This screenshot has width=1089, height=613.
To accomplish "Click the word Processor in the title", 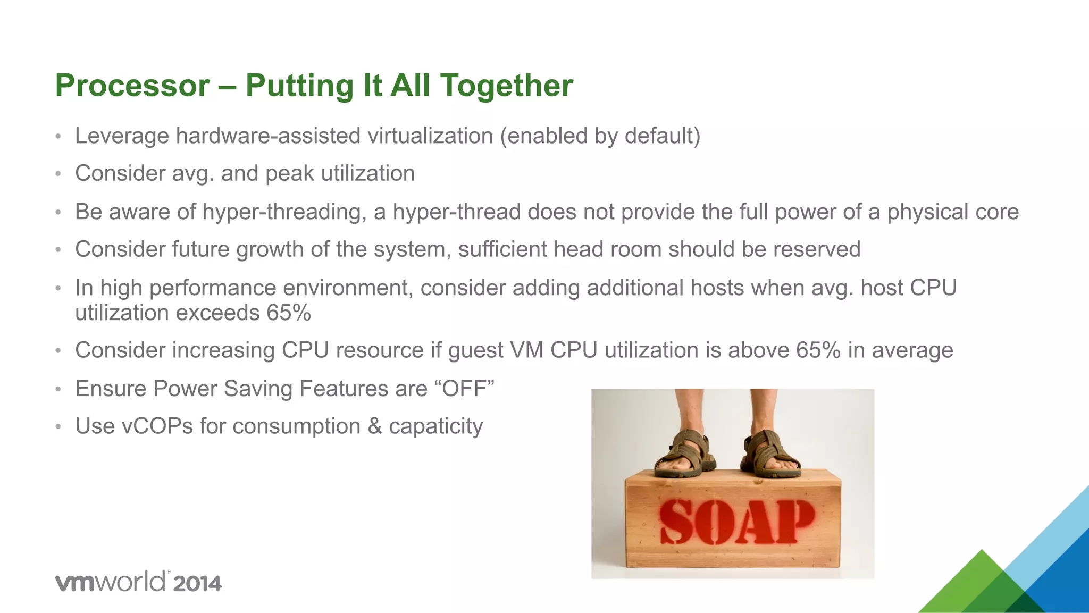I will coord(132,86).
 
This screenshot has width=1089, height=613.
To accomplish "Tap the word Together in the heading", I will coord(507,86).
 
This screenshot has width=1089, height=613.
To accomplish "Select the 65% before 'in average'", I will coord(818,350).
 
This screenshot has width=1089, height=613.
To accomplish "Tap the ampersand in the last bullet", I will coord(374,426).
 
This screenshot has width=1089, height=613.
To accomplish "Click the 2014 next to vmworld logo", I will coord(197,584).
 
